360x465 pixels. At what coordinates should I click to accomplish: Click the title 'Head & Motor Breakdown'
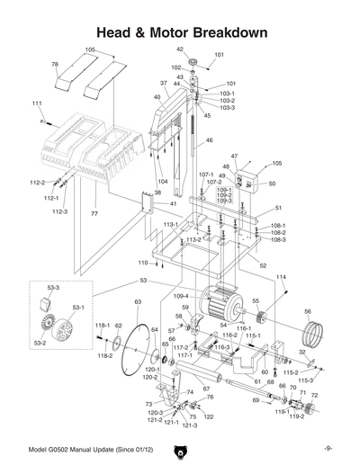[180, 33]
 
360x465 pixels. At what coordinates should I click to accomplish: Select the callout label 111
[37, 104]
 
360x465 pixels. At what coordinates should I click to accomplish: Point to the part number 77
[93, 216]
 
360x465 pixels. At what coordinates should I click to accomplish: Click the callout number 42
[180, 49]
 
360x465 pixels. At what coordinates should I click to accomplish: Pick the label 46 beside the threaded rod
[209, 140]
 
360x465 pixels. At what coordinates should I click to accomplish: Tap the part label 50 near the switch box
[272, 184]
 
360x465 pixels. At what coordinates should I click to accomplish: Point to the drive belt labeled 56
[312, 338]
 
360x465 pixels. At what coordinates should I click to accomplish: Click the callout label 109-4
[181, 296]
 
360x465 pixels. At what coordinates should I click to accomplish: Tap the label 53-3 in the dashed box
[53, 288]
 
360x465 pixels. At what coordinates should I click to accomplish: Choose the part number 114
[281, 277]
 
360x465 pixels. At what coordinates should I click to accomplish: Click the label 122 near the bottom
[209, 417]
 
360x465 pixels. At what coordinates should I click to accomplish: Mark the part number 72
[314, 395]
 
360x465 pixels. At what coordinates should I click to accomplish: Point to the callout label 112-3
[59, 212]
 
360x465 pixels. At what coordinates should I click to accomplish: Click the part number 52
[263, 266]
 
